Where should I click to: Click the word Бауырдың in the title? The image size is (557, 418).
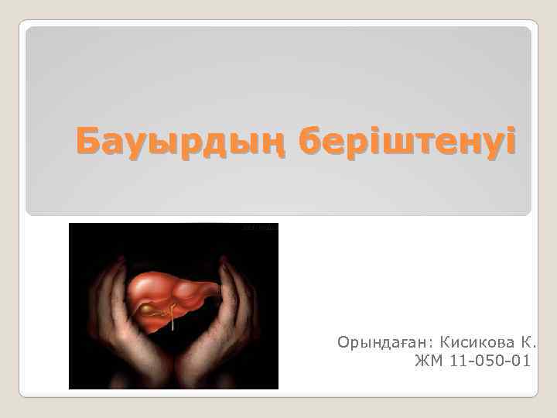point(181,143)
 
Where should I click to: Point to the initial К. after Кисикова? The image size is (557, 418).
point(529,341)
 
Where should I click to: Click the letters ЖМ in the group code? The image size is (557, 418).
point(425,360)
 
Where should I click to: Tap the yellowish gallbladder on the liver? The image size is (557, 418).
point(146,310)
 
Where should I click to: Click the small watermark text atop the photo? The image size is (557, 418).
point(260,228)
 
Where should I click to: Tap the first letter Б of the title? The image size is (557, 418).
point(87,143)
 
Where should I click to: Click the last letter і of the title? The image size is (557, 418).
point(507,143)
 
